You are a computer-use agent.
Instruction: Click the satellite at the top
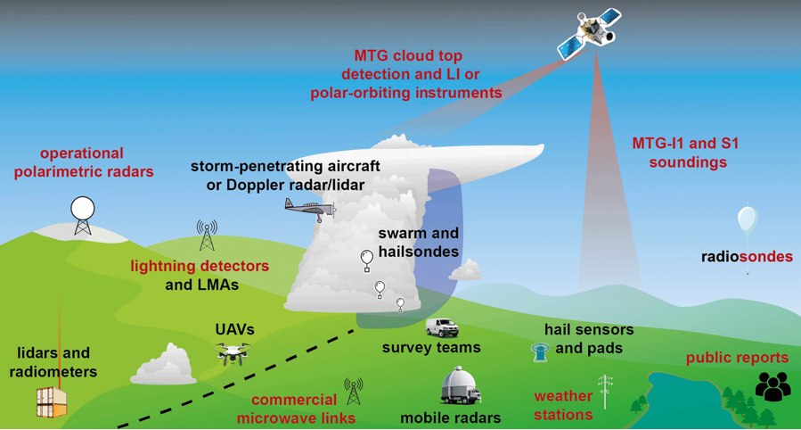click(589, 33)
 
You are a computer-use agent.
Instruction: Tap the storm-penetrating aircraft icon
click(310, 208)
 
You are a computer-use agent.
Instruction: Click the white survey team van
click(442, 327)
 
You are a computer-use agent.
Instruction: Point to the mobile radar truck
click(461, 385)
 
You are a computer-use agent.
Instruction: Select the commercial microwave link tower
click(354, 391)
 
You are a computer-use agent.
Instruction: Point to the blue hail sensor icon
click(538, 351)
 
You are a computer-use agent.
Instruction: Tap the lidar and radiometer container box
click(51, 402)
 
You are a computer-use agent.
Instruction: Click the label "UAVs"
click(234, 329)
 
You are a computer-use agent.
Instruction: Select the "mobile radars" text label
click(450, 417)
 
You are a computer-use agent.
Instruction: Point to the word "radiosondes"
click(747, 257)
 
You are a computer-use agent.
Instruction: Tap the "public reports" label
click(737, 358)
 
